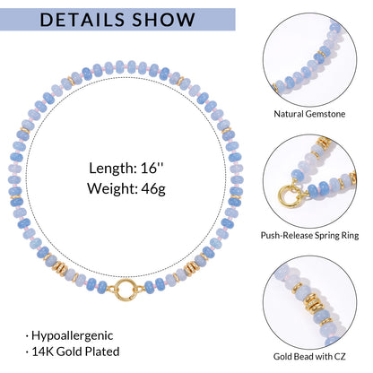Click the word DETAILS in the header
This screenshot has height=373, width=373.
point(82,20)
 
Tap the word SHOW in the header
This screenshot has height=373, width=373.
point(164,20)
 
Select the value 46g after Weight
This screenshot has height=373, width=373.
point(153,189)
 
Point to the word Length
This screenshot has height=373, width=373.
point(113,169)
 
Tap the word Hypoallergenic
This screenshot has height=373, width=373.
point(73,336)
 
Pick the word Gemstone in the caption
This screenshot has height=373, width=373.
point(324,114)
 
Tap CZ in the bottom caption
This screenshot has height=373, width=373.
point(340,357)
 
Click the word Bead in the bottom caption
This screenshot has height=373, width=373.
point(302,357)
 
